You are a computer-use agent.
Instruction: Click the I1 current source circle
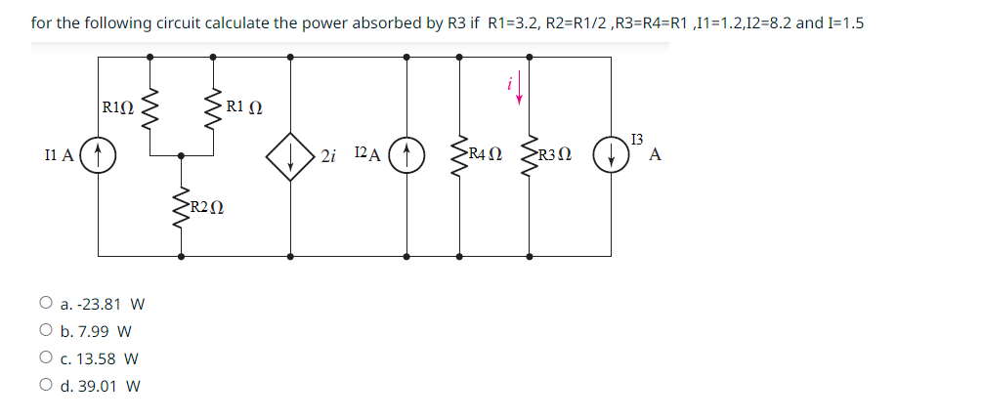99,155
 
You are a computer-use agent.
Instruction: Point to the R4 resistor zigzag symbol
461,155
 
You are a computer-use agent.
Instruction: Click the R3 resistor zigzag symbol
531,155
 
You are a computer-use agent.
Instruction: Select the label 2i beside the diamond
329,156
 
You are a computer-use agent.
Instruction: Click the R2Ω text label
206,206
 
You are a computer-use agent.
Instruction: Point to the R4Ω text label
486,153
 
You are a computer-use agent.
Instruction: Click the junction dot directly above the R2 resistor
181,155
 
